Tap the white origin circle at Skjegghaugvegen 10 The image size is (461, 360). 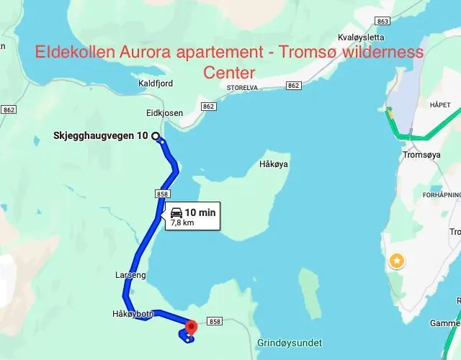click(x=156, y=135)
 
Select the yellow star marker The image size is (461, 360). click(x=396, y=261)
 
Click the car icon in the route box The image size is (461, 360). click(x=176, y=212)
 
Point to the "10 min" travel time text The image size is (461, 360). click(x=200, y=212)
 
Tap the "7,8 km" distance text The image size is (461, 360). click(x=183, y=223)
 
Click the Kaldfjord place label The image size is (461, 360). click(x=156, y=84)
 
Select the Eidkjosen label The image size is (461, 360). click(x=164, y=113)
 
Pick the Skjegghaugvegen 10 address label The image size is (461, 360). click(x=100, y=136)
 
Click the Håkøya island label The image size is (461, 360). click(x=274, y=164)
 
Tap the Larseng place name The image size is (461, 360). click(x=130, y=275)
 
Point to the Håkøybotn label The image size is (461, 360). click(x=133, y=314)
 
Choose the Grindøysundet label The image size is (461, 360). click(x=289, y=343)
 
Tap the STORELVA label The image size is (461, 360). click(x=242, y=88)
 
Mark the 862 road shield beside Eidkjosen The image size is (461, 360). click(x=209, y=107)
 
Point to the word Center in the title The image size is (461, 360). click(x=229, y=73)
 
